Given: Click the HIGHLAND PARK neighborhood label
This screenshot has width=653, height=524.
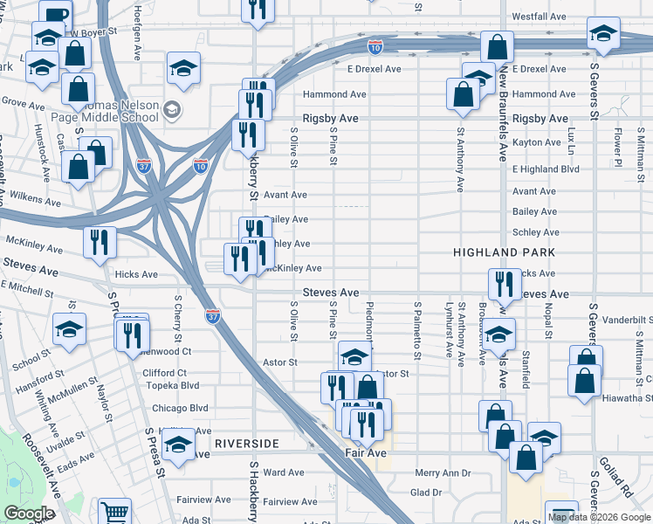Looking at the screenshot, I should [498, 252].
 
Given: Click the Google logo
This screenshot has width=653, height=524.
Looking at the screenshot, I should [29, 514].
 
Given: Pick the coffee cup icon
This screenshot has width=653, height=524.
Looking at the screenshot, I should [56, 16].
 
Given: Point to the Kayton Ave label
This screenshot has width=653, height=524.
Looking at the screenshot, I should [537, 142].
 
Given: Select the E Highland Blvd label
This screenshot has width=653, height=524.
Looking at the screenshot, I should [546, 169].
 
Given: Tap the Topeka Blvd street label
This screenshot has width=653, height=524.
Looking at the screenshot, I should [176, 385].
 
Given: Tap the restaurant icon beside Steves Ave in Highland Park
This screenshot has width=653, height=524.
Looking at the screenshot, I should [504, 284].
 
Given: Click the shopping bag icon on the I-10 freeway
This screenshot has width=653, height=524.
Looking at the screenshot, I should [497, 47].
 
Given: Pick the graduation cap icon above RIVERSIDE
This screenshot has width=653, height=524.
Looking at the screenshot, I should [178, 444].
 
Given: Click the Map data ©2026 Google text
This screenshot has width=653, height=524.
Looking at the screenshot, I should [600, 517].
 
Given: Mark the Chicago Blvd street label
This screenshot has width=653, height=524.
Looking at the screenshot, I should [180, 408].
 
